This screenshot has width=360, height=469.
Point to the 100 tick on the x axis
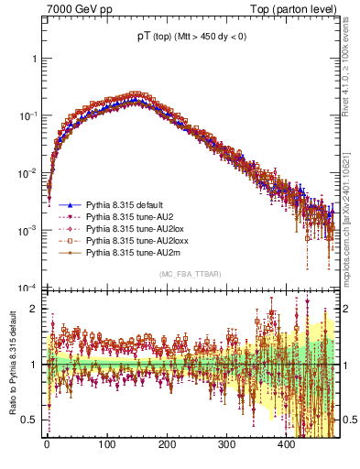click(x=107, y=444)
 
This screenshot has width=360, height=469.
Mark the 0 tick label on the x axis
click(x=47, y=444)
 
